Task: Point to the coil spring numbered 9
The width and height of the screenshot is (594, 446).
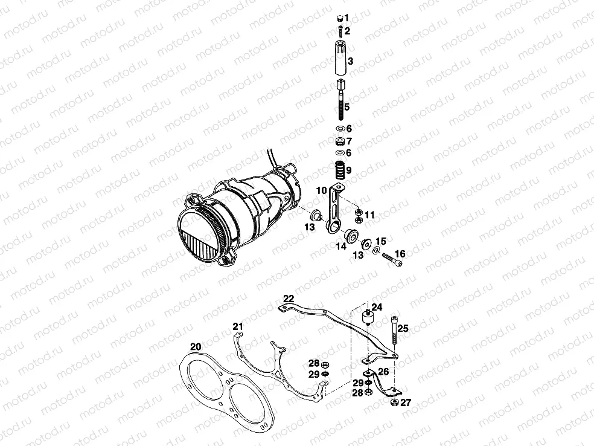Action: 340,170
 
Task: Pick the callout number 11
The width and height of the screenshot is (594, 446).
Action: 369,215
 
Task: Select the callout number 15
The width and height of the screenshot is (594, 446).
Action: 380,241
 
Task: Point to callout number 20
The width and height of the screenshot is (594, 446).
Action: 194,347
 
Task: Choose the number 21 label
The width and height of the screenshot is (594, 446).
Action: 238,327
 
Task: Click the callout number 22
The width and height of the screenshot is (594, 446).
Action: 289,298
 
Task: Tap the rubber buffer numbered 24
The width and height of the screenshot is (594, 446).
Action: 368,318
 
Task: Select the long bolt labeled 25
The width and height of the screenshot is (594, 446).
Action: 394,330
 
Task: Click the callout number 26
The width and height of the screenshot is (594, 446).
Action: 384,372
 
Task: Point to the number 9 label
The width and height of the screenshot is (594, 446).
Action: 348,170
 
